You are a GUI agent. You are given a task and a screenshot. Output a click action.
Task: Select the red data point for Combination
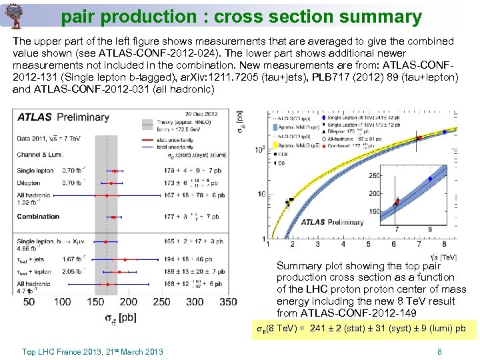[118, 217]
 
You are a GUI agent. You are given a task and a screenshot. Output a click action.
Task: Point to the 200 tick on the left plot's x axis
[129, 302]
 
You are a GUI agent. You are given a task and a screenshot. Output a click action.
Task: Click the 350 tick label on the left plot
[228, 302]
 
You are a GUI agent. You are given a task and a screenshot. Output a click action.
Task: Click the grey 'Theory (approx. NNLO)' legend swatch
[149, 123]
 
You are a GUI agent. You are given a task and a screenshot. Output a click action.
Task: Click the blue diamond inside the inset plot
[430, 179]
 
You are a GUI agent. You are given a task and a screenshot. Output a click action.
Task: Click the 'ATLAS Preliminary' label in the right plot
[333, 222]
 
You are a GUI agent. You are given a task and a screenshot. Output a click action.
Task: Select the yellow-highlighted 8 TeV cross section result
[361, 329]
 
